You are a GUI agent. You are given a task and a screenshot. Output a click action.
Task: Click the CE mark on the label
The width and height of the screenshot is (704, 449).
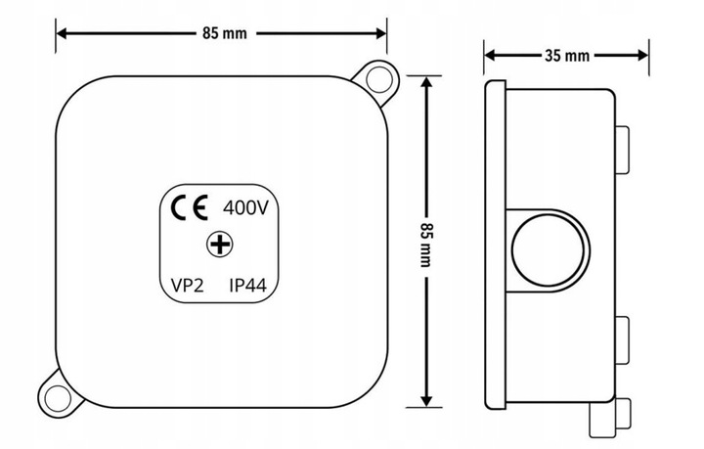pos(190,207)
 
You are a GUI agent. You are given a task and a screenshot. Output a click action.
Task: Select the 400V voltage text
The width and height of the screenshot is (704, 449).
pos(245,208)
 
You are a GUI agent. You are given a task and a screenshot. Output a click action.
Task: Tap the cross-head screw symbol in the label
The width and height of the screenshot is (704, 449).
pos(220,245)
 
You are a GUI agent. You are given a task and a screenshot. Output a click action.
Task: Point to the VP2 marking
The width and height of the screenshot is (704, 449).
pos(187,285)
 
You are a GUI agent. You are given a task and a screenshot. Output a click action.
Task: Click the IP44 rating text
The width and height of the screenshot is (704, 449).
pos(247,285)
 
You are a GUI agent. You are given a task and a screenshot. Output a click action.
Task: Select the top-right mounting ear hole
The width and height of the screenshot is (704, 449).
pos(379,79)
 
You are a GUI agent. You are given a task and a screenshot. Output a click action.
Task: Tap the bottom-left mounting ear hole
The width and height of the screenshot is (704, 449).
pos(58,399)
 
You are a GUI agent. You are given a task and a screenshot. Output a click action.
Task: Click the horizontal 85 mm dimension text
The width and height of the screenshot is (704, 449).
pos(225,33)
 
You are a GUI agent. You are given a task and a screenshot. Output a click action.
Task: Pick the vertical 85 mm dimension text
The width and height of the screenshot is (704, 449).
pos(425,245)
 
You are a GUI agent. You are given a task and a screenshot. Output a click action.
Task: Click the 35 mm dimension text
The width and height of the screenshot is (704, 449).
pos(567,56)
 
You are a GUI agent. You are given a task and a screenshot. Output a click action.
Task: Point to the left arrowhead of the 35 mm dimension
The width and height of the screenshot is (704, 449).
pos(491,55)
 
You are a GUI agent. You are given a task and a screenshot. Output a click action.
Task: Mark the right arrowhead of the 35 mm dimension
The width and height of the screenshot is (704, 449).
pos(642,55)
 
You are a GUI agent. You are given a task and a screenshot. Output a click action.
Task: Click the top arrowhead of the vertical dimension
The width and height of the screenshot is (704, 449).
pos(426,82)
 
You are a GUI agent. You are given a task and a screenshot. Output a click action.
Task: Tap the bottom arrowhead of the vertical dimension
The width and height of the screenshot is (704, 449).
pos(426,401)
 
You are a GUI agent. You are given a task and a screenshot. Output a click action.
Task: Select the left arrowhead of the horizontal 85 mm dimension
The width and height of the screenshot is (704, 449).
pos(62,33)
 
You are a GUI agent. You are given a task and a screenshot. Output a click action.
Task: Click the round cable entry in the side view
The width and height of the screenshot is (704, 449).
pos(548,251)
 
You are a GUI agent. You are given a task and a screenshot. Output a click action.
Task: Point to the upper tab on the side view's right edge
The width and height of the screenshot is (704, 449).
pos(622,150)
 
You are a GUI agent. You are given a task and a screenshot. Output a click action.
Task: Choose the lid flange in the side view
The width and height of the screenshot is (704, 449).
pos(495,245)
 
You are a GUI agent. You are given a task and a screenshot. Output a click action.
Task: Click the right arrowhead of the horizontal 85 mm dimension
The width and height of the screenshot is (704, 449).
pos(380,33)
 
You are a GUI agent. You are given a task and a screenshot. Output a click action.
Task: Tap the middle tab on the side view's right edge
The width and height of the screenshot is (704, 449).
pos(622,340)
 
